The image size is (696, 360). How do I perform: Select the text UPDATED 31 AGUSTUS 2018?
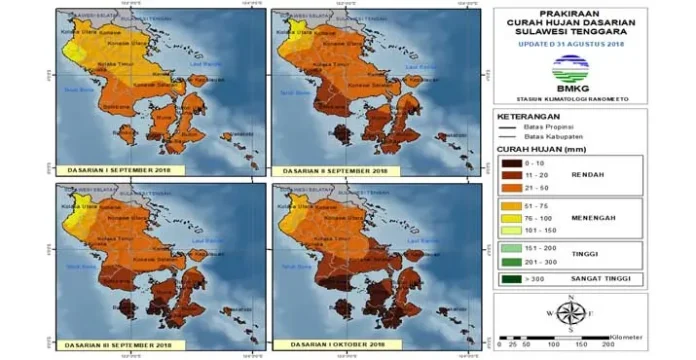point(569,44)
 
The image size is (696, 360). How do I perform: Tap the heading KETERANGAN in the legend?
point(529,116)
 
